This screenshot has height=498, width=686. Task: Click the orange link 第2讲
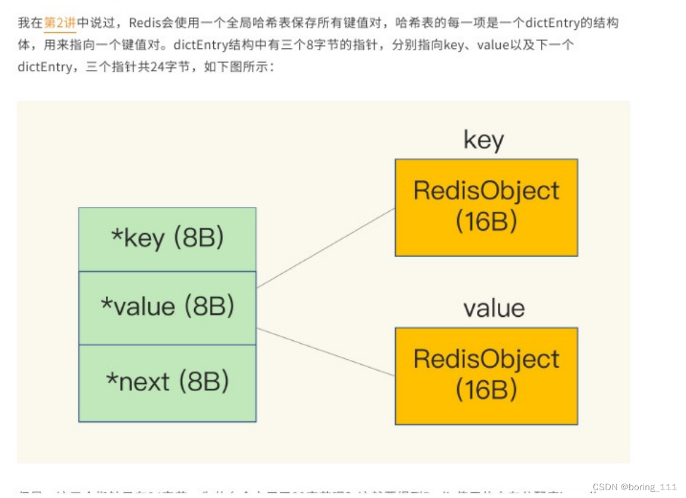60,24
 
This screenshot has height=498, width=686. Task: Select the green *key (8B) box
167,239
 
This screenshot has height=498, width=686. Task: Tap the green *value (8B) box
167,307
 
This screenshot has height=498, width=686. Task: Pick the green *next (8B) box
167,383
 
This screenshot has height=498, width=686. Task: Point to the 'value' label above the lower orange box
494,308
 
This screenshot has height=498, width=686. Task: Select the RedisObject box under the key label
486,207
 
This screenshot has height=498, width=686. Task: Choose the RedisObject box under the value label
486,375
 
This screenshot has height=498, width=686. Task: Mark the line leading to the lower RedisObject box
326,352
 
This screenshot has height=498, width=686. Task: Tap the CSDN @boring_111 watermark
633,487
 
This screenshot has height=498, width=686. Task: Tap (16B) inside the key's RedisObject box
486,222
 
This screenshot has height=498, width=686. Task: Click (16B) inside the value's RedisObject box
486,390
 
